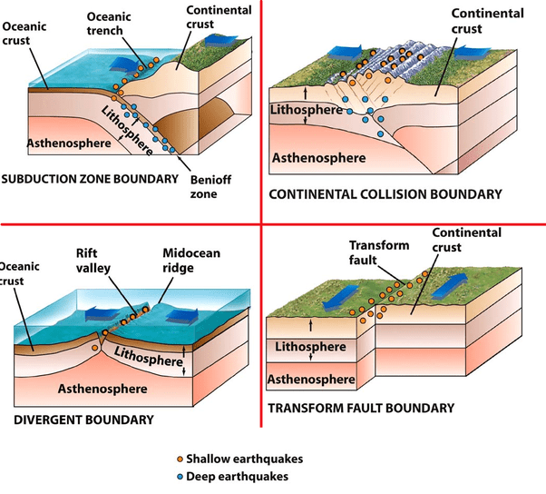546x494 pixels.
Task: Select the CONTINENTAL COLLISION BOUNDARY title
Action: click(385, 194)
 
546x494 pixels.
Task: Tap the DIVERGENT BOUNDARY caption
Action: click(84, 420)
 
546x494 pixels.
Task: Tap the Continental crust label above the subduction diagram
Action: click(219, 17)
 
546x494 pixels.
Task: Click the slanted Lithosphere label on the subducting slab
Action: click(125, 126)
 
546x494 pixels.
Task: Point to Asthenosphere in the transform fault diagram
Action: click(316, 377)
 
